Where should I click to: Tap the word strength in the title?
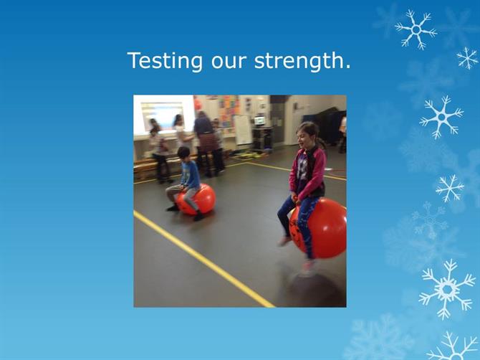(299, 61)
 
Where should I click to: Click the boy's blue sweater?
(190, 174)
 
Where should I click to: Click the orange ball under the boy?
(198, 199)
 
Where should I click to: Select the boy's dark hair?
(183, 151)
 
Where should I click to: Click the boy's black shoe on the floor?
(199, 217)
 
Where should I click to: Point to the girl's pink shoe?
(284, 241)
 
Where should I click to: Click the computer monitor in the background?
(260, 120)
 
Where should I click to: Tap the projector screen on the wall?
(163, 115)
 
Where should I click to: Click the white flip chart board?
(243, 130)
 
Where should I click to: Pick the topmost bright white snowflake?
(416, 29)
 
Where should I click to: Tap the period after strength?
(347, 67)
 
